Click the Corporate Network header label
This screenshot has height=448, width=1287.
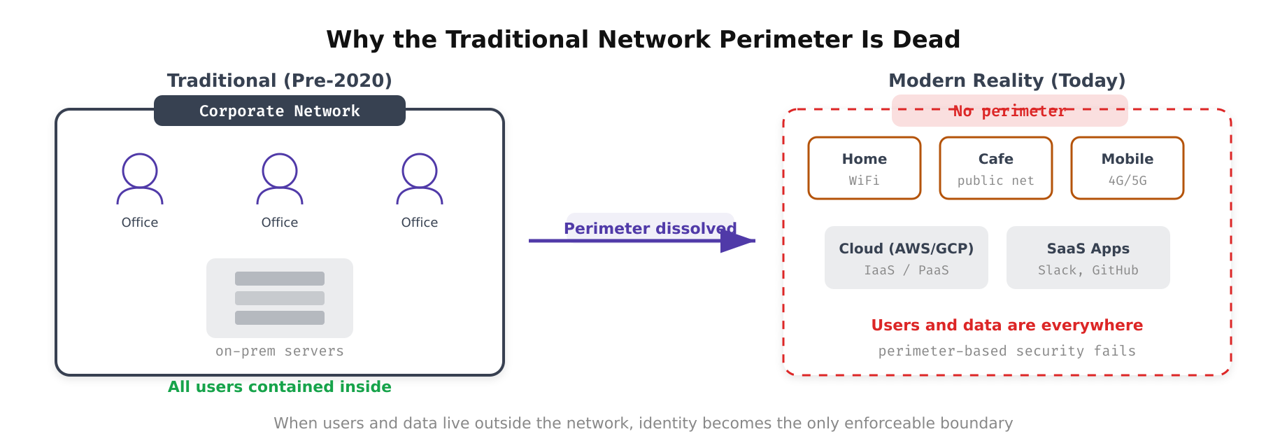(280, 111)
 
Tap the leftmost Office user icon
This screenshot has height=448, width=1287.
(140, 178)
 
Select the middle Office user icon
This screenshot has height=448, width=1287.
(280, 178)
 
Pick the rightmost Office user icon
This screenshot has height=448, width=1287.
(420, 178)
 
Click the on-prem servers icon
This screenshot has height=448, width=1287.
(280, 298)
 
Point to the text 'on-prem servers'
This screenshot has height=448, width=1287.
(280, 351)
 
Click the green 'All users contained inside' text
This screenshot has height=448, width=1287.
(280, 386)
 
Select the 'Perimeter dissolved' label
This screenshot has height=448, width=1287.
(650, 227)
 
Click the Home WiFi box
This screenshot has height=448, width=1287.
(865, 168)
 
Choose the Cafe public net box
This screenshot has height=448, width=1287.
(996, 168)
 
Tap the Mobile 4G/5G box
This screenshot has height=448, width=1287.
(1128, 168)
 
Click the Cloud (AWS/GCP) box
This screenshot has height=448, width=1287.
(906, 258)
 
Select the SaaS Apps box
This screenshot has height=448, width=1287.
(1088, 258)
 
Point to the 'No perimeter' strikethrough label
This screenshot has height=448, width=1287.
(1009, 111)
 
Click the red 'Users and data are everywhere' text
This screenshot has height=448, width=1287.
(1007, 325)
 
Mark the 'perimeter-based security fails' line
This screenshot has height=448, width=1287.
(1007, 351)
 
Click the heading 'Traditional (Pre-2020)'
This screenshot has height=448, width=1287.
(280, 80)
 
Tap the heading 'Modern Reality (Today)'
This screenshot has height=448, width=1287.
(1007, 80)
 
